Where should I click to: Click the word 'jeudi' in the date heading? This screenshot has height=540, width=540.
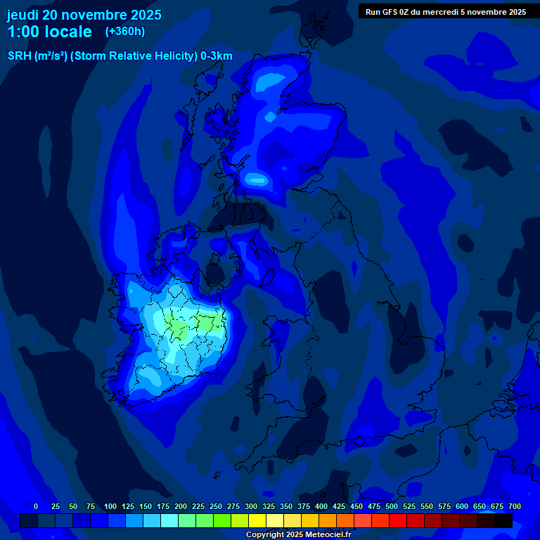[23, 15]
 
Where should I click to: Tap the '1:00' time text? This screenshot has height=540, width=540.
[22, 32]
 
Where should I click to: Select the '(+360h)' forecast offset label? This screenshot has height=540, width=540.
[125, 32]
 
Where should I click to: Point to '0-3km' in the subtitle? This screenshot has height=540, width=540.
[217, 56]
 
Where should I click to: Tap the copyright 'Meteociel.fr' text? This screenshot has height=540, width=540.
[324, 535]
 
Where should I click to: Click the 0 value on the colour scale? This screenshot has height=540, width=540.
[36, 506]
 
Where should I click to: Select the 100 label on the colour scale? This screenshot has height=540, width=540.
[110, 506]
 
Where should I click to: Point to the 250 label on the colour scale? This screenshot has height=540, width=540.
[216, 506]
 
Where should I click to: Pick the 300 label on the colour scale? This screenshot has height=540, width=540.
[251, 506]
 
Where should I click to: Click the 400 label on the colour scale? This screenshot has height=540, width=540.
[321, 506]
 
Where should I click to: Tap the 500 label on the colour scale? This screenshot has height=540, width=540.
[392, 506]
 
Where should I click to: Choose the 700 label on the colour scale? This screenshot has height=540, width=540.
[515, 506]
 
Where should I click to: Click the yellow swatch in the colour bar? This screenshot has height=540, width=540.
[257, 521]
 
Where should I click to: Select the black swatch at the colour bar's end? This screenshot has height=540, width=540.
[503, 521]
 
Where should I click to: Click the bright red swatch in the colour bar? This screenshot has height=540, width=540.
[398, 521]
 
